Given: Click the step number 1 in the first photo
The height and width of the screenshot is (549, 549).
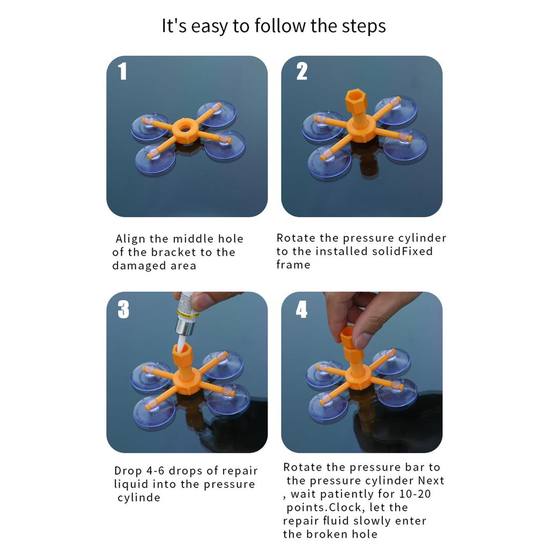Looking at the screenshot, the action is pyautogui.click(x=122, y=71).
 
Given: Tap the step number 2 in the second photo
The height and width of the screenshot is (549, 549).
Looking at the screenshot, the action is pyautogui.click(x=301, y=71).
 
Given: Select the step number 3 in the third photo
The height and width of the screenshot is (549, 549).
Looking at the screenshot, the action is pyautogui.click(x=123, y=309).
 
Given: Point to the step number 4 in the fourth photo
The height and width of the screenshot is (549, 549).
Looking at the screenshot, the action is pyautogui.click(x=301, y=309).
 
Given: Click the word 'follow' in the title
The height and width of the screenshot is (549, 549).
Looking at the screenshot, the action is pyautogui.click(x=280, y=26).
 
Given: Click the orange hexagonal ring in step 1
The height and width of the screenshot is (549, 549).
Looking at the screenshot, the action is pyautogui.click(x=185, y=130).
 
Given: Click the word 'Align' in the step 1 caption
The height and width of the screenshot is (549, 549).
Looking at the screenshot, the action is pyautogui.click(x=130, y=239).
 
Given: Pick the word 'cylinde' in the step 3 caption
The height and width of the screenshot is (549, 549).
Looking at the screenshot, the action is pyautogui.click(x=139, y=498).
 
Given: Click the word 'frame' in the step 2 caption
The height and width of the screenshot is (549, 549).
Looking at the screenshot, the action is pyautogui.click(x=293, y=264).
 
